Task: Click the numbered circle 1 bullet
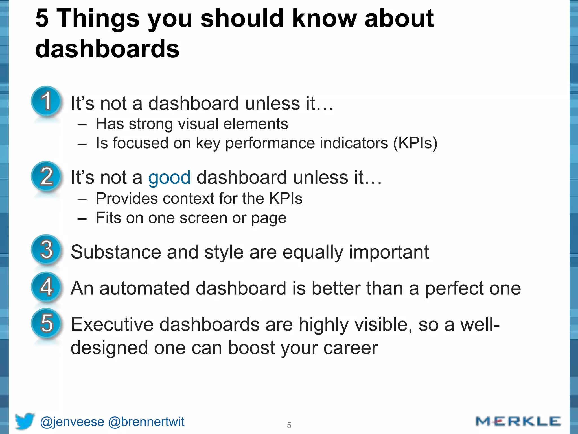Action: point(46,101)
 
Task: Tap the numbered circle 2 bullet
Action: point(46,176)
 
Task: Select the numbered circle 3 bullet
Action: point(46,250)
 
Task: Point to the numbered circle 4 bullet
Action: point(46,287)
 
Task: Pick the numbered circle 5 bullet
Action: point(46,323)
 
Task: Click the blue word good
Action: point(169,178)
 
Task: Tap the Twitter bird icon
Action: point(25,421)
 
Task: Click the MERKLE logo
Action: point(518,421)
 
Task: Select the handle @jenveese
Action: point(72,422)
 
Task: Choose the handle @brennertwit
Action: point(146,422)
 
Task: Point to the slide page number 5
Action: point(289,425)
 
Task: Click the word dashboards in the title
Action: point(107,49)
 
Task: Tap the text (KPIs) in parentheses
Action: point(415,143)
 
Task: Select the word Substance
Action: point(116,252)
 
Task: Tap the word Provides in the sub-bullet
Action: point(127,198)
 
